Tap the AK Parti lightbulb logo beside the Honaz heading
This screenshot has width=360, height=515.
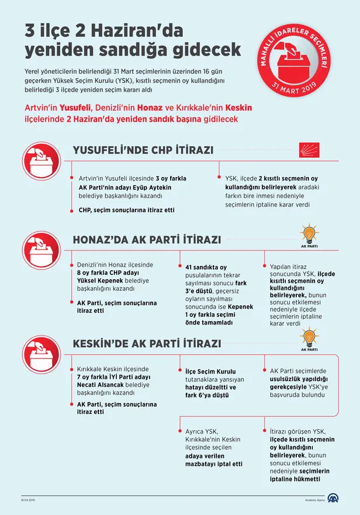point(309,235)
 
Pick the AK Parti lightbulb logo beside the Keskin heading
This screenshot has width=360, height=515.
point(309,339)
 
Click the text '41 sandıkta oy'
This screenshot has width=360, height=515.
point(202,267)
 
